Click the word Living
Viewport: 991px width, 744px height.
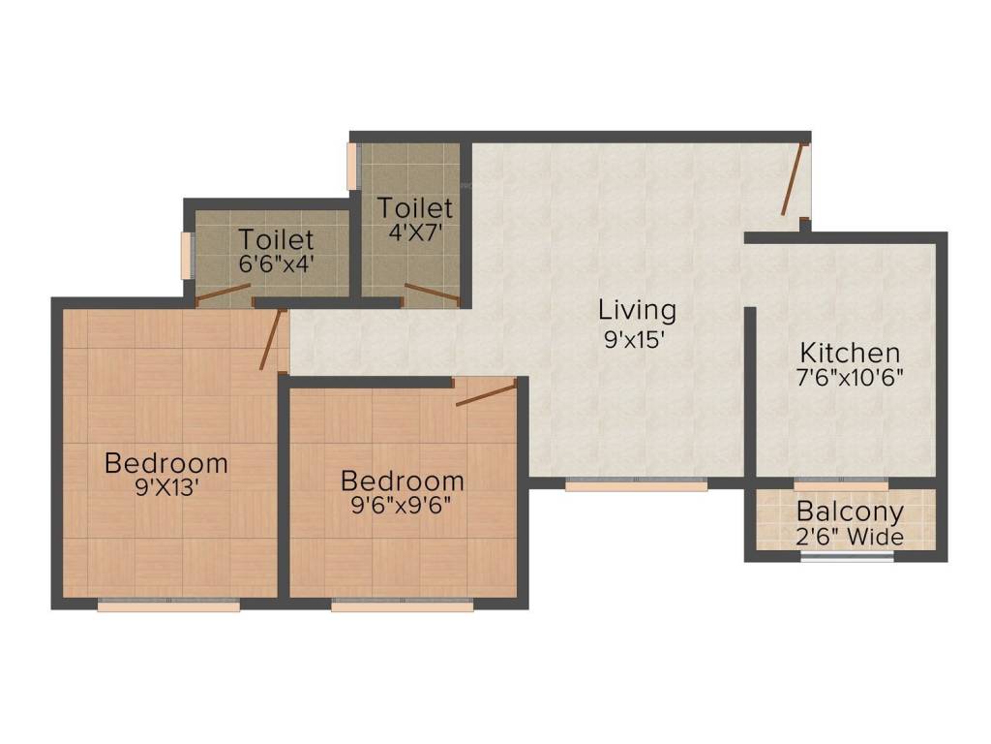(637, 311)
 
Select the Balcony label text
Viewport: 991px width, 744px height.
(850, 512)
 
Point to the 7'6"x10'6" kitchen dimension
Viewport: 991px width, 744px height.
(850, 379)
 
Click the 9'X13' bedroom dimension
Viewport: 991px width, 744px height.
(166, 488)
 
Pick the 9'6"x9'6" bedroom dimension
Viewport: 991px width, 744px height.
(403, 506)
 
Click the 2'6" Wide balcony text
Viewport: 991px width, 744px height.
(850, 538)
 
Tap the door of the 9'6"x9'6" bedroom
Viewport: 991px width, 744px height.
(486, 392)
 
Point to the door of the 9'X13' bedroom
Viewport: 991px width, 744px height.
(272, 340)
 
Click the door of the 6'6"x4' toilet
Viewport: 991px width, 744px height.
(224, 293)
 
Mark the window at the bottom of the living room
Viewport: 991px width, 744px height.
(636, 483)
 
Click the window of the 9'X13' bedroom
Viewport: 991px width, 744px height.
(169, 606)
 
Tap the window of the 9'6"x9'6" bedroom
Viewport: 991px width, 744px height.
(403, 606)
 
